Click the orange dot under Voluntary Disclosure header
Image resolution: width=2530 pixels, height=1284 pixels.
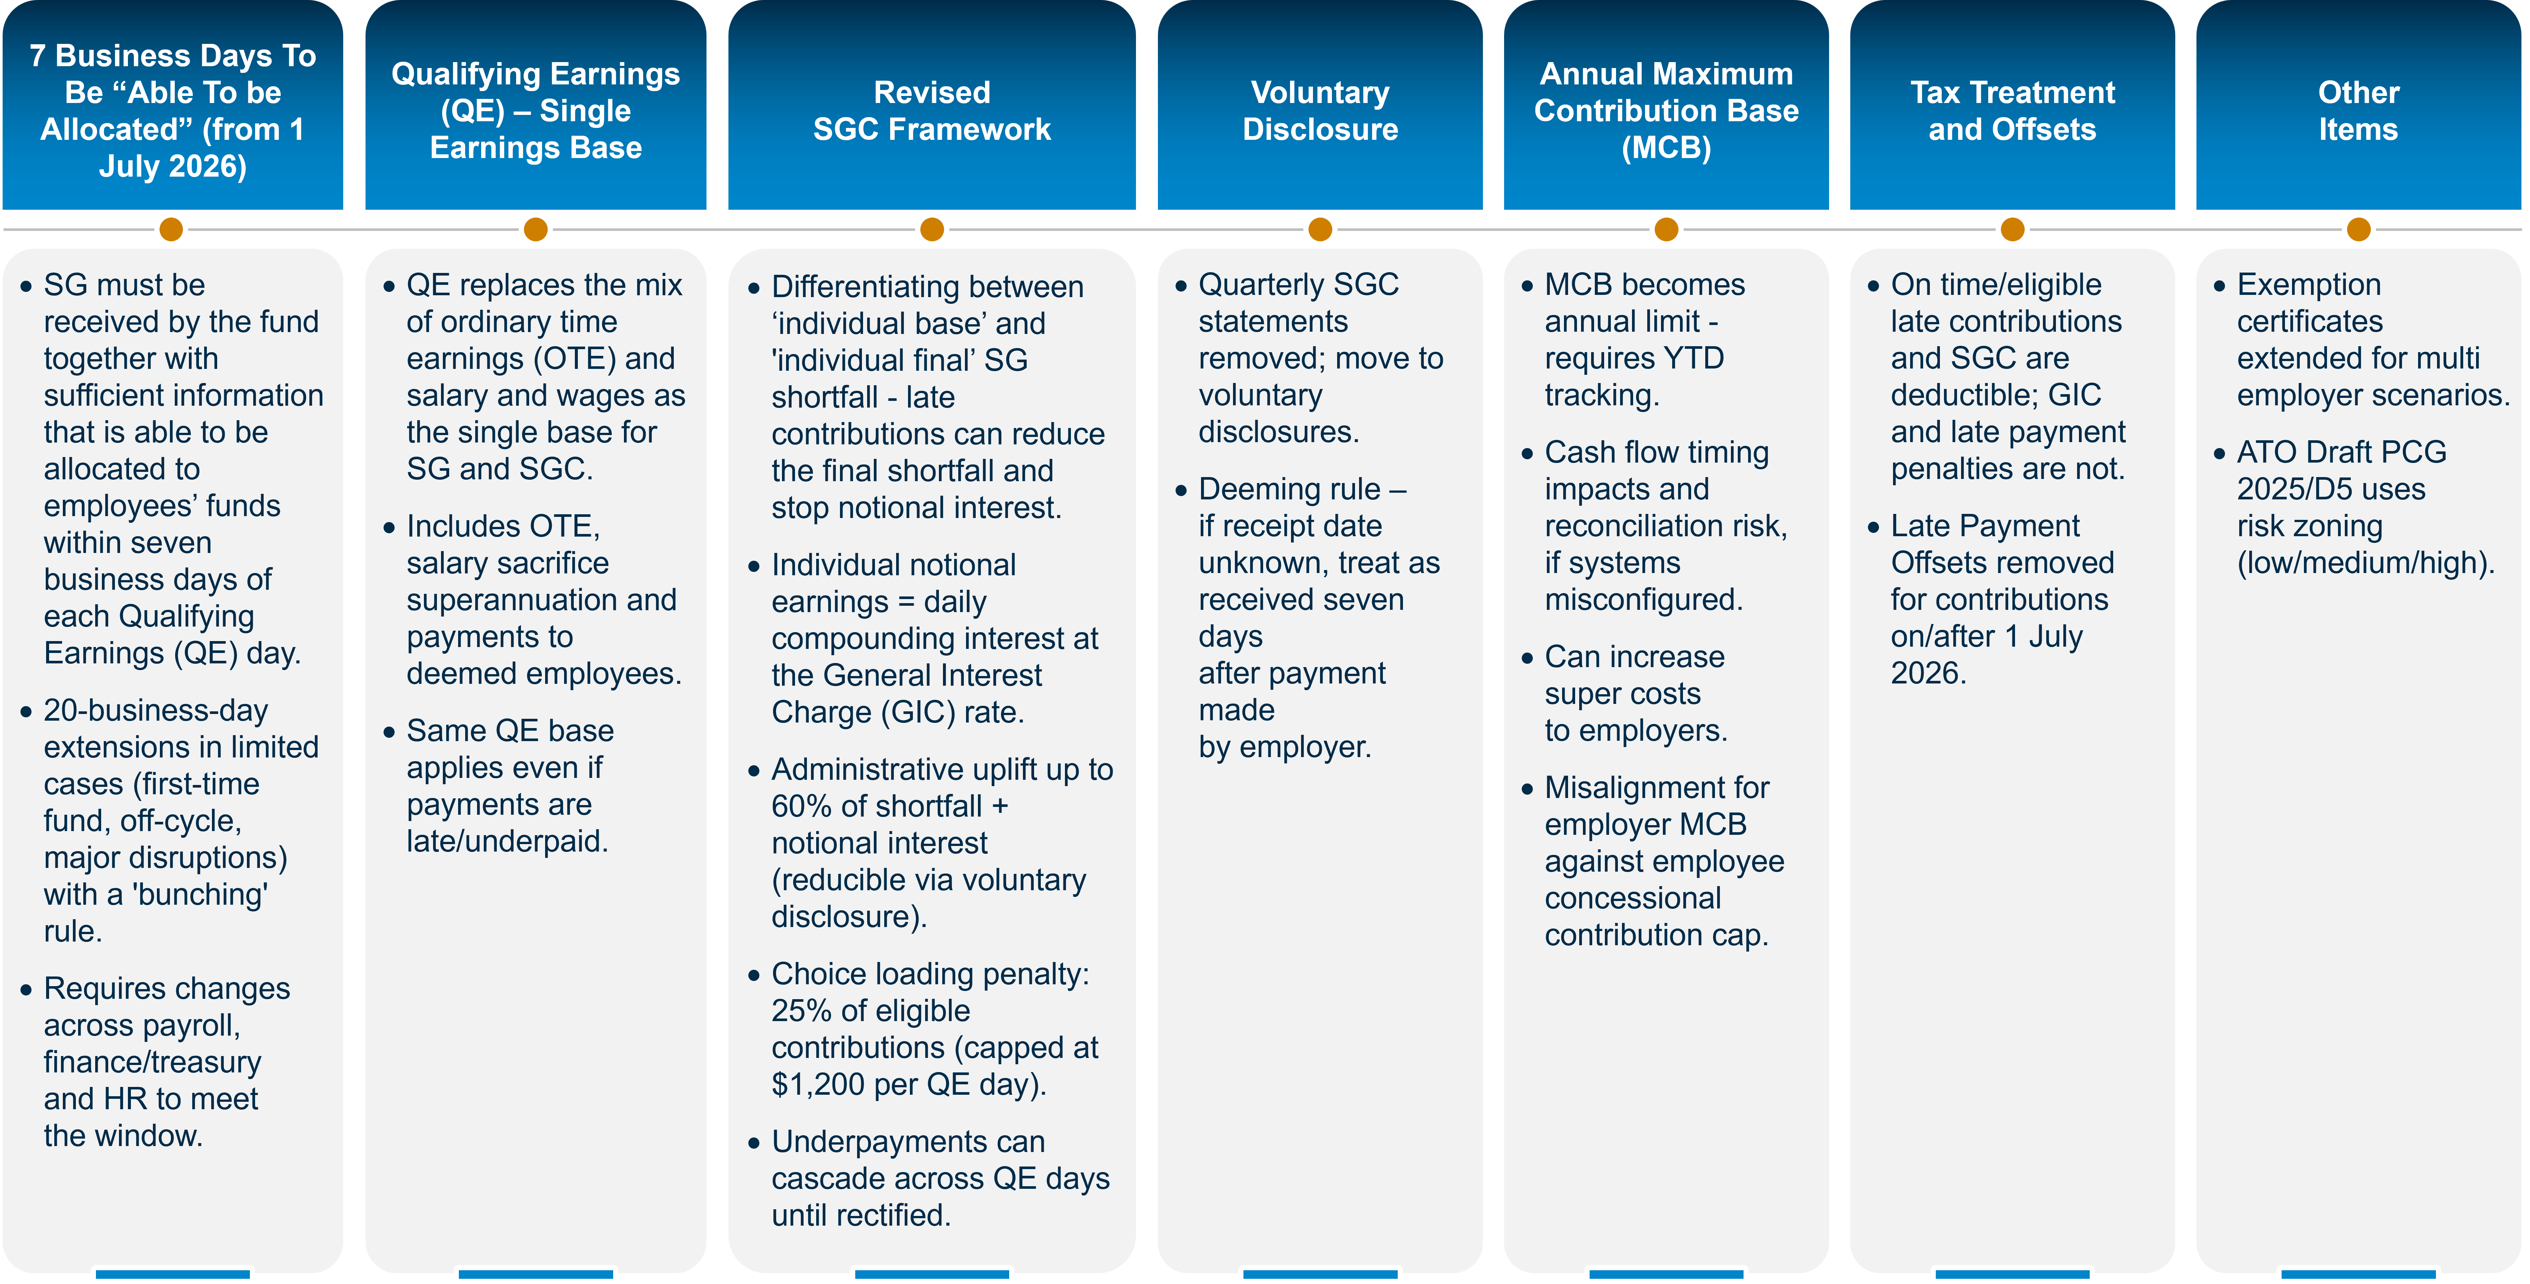click(1320, 230)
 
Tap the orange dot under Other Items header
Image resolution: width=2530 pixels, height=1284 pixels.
click(2358, 230)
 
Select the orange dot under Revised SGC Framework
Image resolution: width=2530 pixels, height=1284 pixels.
click(931, 230)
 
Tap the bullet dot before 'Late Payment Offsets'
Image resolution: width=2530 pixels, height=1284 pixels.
click(1873, 528)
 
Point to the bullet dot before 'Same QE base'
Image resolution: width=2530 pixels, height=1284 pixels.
click(389, 732)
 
